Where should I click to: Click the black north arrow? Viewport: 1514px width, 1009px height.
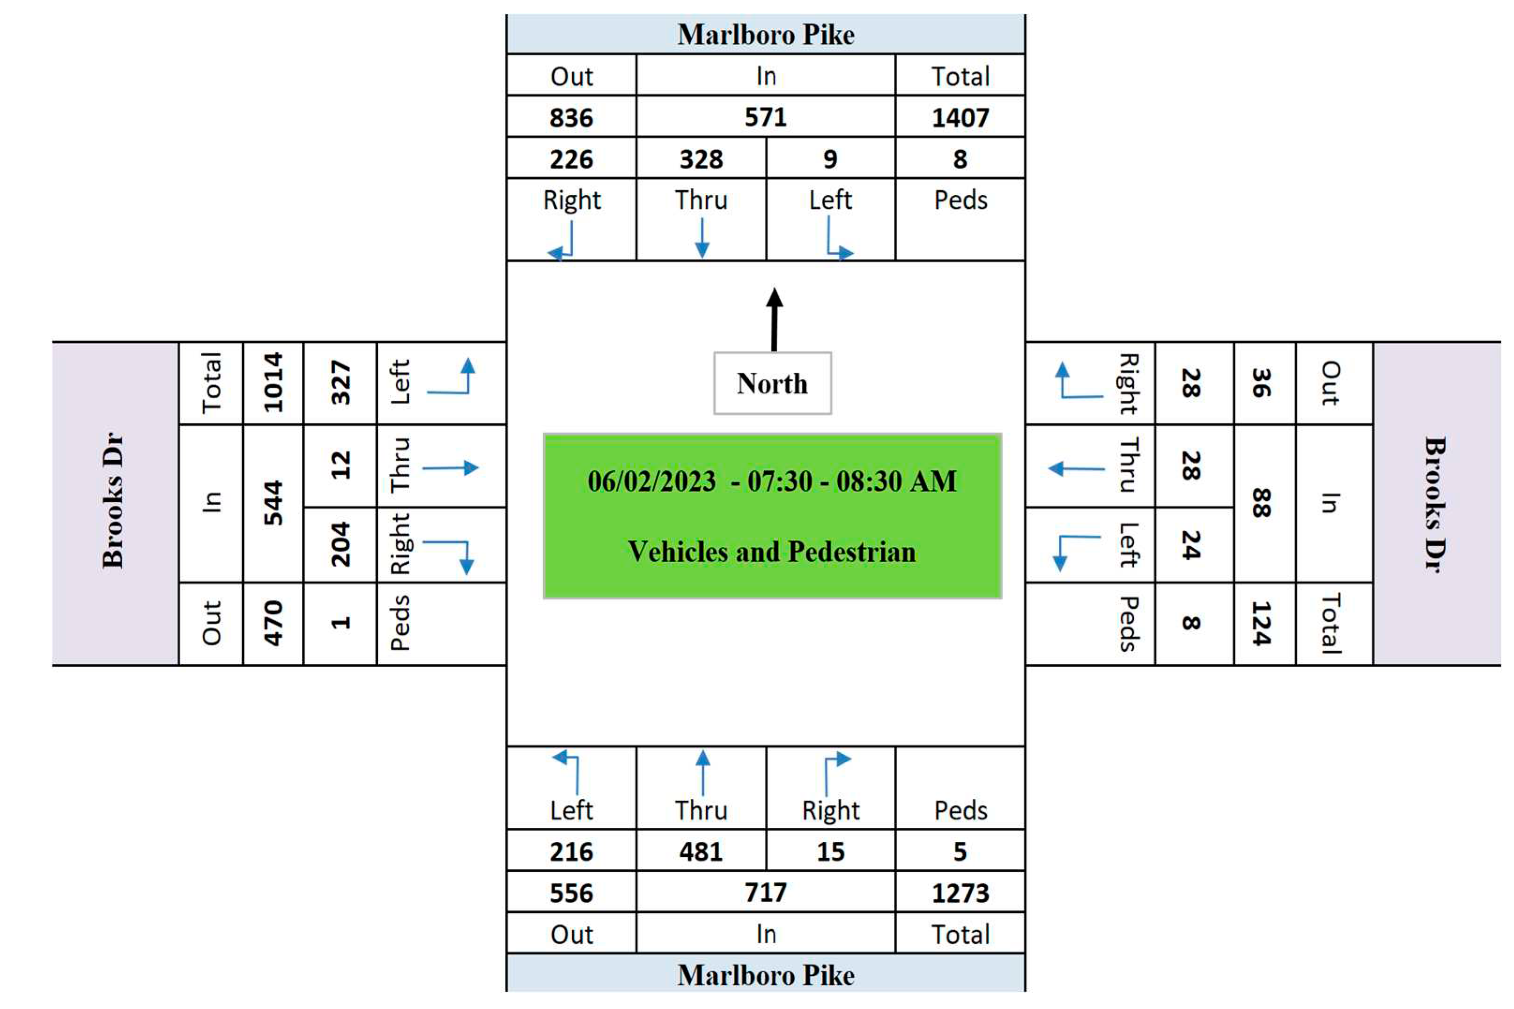(x=775, y=318)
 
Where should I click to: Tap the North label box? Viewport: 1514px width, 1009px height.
(x=772, y=383)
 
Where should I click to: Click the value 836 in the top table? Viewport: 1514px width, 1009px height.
(x=571, y=118)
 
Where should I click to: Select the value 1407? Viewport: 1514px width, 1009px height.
(x=960, y=118)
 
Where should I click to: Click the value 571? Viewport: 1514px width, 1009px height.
(x=766, y=117)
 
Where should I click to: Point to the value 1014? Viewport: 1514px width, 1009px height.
(x=273, y=382)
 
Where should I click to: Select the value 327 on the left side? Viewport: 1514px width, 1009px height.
(x=340, y=383)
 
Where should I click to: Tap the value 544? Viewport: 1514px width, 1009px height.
(x=273, y=503)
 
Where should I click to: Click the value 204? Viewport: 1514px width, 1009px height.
(x=340, y=545)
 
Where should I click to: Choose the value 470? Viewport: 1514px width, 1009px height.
(x=273, y=623)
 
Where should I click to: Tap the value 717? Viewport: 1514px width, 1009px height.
(x=766, y=892)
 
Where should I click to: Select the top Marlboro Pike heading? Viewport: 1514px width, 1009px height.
(x=766, y=35)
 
